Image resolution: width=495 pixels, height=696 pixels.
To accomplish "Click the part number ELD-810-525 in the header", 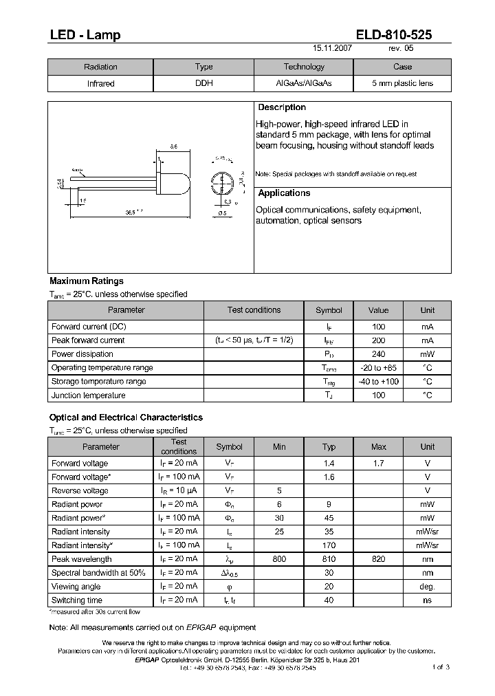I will (395, 35).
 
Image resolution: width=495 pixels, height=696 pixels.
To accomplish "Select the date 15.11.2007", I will (332, 50).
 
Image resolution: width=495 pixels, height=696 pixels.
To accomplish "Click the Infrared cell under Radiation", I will (100, 84).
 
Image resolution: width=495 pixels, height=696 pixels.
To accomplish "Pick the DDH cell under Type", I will (204, 84).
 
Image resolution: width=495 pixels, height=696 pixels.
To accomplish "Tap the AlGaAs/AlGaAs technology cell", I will (303, 84).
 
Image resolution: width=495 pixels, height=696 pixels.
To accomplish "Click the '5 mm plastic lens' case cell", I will (402, 84).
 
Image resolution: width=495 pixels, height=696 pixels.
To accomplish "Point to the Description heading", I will (281, 108).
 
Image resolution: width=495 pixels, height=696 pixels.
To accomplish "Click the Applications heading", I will (284, 193).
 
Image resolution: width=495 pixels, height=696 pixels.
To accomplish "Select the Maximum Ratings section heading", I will (87, 281).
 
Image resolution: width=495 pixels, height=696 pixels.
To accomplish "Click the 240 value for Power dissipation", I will (378, 354).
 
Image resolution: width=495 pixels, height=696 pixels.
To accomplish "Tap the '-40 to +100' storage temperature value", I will (378, 382).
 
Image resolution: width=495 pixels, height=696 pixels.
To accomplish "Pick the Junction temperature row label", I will (88, 395).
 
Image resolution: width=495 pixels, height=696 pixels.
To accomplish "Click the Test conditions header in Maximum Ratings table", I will (254, 310).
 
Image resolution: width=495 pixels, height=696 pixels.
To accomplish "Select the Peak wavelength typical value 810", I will (329, 559).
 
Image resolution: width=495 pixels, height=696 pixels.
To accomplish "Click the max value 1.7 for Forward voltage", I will (378, 464).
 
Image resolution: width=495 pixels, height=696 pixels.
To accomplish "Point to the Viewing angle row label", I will (76, 587).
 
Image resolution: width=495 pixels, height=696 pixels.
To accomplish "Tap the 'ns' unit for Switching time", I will (427, 600).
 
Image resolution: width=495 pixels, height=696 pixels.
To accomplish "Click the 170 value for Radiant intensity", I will (329, 545).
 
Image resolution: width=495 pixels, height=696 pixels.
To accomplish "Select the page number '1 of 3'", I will (441, 667).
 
